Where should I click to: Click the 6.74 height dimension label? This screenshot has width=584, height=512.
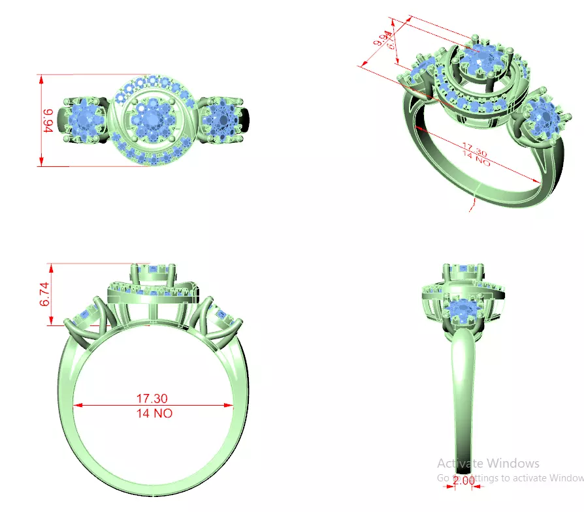point(44,294)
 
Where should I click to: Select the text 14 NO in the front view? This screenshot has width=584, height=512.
point(154,413)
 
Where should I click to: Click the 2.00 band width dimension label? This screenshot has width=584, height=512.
point(463,481)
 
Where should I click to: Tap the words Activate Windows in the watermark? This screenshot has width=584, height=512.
point(488,463)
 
